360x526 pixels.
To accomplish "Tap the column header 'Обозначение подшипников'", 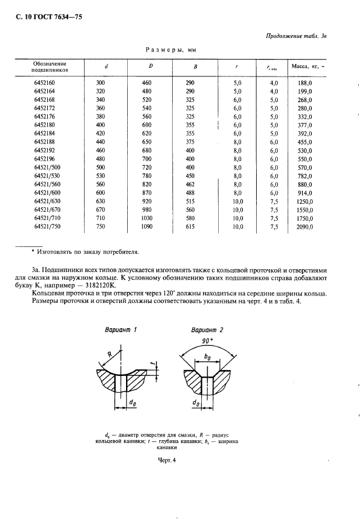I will click(50, 65).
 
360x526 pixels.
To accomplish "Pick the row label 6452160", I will click(44, 83).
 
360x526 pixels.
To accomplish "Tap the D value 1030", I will click(150, 218).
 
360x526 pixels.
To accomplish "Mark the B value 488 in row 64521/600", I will click(190, 193).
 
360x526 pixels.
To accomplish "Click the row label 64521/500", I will click(48, 168).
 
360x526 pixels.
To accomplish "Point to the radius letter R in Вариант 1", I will click(110, 354).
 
